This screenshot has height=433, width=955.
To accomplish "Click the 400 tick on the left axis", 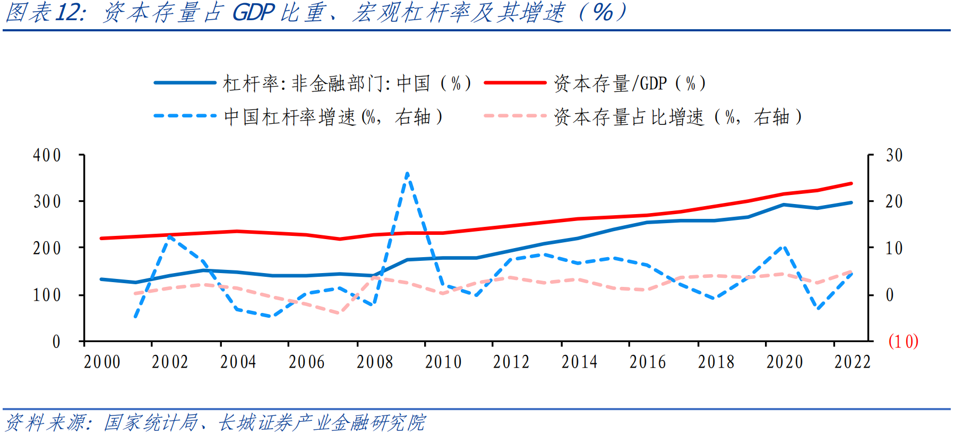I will tap(47, 155).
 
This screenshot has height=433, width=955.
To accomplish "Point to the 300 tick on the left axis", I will tap(47, 201).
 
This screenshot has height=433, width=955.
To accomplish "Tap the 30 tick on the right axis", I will tap(894, 155).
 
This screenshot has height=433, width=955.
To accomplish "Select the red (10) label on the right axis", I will tap(903, 341).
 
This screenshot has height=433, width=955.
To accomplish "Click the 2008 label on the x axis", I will tap(375, 362).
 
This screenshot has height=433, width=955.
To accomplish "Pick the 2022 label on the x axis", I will tap(853, 362).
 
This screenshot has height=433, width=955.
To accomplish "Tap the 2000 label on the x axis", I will tap(102, 362).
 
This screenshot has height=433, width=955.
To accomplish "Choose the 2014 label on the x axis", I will tap(579, 362).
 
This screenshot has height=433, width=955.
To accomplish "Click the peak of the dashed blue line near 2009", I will tap(407, 173).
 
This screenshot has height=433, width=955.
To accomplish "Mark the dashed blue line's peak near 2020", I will tap(784, 246).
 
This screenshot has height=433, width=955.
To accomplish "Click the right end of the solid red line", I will tap(851, 184).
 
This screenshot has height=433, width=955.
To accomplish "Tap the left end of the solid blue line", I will tap(101, 279).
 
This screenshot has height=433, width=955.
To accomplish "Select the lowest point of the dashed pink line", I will tap(339, 313).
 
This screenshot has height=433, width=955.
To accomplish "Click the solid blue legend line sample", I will tap(185, 83).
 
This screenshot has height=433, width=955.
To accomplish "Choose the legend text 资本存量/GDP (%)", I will tap(630, 83).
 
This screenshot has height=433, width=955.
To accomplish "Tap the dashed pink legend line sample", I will tap(514, 116).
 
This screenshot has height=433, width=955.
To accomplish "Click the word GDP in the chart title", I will tap(253, 12).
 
